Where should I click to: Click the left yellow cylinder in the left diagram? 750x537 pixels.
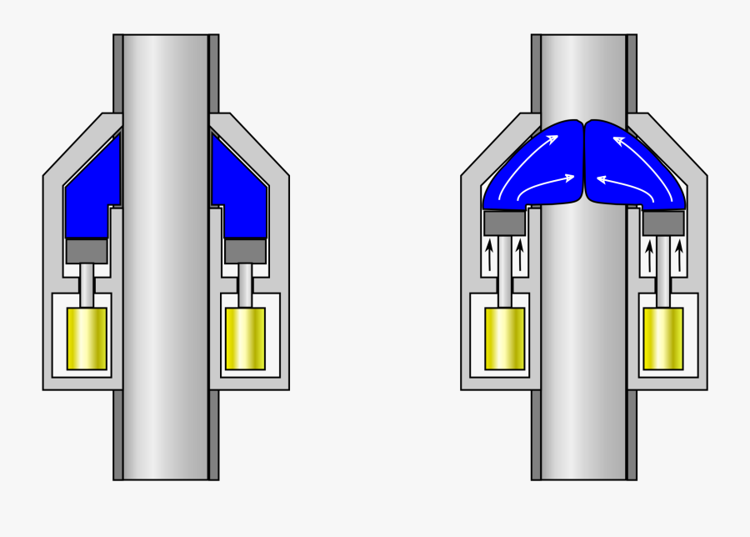87,338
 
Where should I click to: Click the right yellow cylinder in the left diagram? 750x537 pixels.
245,338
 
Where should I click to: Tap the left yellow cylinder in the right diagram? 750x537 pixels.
505,338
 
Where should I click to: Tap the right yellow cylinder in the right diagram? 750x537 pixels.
663,338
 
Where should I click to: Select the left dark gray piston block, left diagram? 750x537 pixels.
87,250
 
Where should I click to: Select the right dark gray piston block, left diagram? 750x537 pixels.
245,250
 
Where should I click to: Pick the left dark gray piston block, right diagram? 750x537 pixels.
504,223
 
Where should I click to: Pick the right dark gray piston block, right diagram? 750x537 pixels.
663,223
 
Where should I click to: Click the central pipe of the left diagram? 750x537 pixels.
166,334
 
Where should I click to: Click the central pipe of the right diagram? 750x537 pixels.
583,334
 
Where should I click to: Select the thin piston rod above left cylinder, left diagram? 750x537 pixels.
87,285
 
